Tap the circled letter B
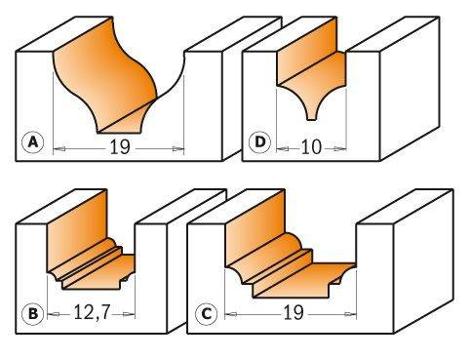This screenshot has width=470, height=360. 33,314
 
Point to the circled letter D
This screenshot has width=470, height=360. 259,143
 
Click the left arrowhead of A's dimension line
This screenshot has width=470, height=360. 56,147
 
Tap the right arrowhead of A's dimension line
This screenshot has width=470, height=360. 181,147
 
